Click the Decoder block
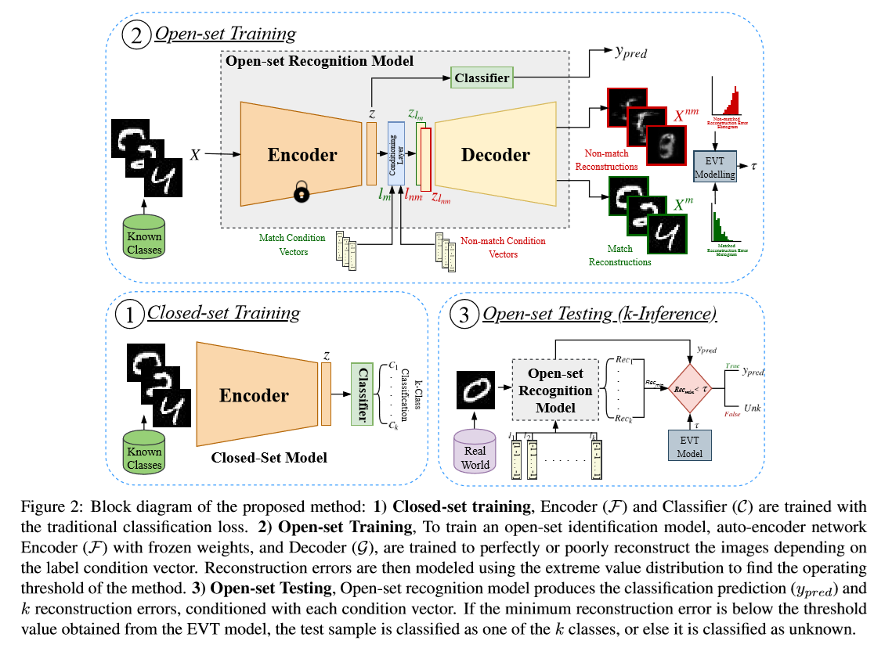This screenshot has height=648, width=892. point(495,155)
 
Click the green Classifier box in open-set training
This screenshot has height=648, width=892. point(481,77)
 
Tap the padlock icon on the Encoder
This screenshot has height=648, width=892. point(302,193)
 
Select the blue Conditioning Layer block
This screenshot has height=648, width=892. point(395,156)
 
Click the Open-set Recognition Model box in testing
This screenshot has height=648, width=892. point(554,389)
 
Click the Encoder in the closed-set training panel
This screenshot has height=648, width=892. point(253,395)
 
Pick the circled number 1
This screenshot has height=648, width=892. point(130,315)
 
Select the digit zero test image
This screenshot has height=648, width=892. point(476,389)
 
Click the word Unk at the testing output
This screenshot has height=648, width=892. point(753,408)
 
